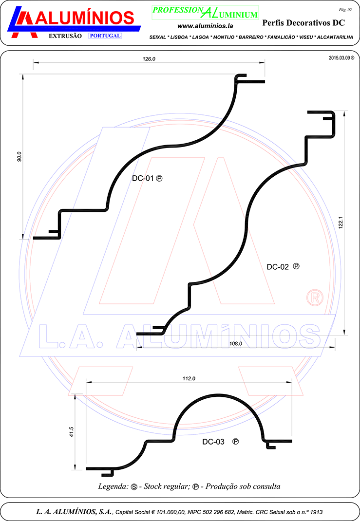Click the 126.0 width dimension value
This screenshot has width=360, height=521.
[x=149, y=59]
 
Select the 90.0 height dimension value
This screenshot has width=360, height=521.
[x=19, y=156]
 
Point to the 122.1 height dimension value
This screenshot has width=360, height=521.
[x=341, y=223]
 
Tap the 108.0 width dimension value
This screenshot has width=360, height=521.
[x=236, y=344]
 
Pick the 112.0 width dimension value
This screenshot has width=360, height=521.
[x=189, y=378]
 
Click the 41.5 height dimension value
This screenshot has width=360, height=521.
[x=72, y=431]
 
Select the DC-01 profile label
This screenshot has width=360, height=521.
[x=143, y=178]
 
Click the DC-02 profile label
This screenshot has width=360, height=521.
[x=278, y=267]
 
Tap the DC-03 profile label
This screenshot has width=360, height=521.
[x=213, y=442]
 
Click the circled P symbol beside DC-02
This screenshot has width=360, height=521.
[x=296, y=266]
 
